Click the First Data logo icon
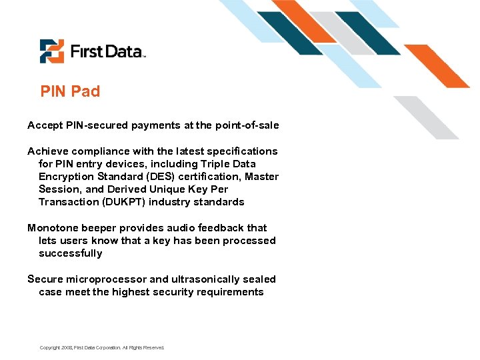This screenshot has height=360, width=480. [51, 51]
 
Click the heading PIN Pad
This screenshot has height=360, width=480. [70, 91]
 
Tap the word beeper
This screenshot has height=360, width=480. [100, 228]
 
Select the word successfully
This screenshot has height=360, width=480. [71, 253]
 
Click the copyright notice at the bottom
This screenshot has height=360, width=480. [101, 347]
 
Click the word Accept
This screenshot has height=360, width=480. [44, 125]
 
